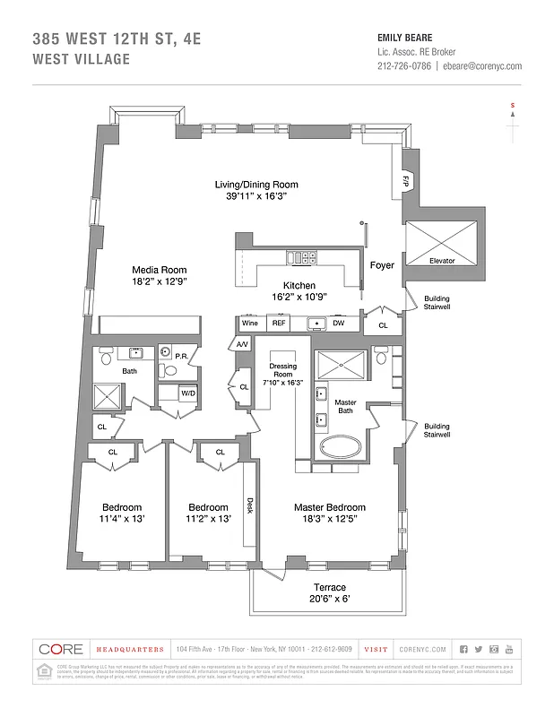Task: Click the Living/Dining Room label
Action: pos(256,185)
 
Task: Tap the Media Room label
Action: pos(159,270)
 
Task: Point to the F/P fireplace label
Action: pos(405,180)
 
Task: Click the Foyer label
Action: pos(382,265)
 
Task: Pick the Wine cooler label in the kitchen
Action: pos(249,323)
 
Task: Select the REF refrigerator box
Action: pos(279,323)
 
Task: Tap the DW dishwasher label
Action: pos(339,323)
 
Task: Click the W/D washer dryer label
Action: pos(189,393)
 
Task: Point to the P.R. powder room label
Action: pos(180,357)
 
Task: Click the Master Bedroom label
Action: pos(328,507)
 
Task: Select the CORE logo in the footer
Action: pos(60,649)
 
